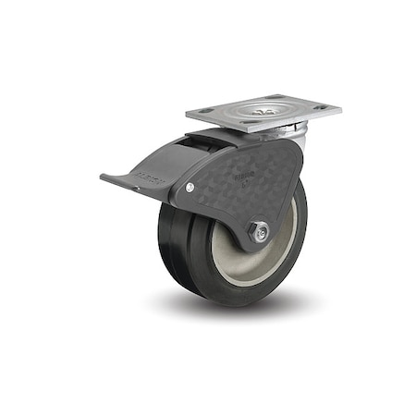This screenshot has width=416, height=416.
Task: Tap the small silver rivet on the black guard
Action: [x=190, y=188]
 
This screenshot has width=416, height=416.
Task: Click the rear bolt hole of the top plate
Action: [x=275, y=96]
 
